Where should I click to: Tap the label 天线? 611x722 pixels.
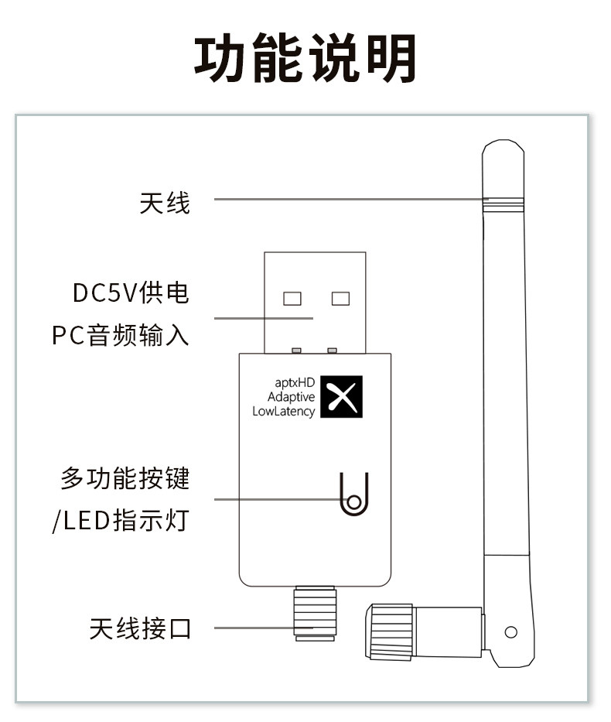point(164,203)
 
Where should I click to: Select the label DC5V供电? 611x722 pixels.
point(131,293)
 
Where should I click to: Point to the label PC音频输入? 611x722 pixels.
point(121,337)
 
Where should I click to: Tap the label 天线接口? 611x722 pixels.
point(139,628)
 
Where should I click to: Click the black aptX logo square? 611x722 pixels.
point(341,398)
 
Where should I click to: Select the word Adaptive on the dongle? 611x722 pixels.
point(291,397)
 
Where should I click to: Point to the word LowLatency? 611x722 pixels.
point(284,412)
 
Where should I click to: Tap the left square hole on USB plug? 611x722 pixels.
point(292,298)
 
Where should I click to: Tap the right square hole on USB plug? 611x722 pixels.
point(340,298)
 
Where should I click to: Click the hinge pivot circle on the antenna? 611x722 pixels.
point(510,632)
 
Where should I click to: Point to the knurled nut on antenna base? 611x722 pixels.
point(390,631)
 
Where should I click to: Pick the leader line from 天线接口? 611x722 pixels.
point(255,628)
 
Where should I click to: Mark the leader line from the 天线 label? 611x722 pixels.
point(348,200)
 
